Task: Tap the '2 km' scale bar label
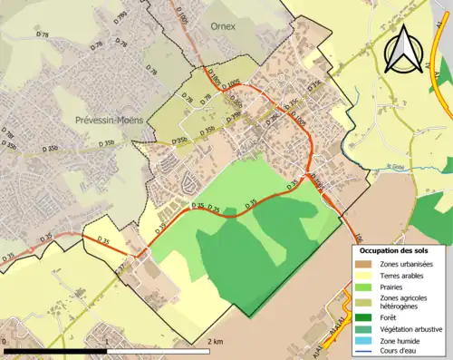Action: [215, 342]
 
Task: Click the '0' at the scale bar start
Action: [6, 342]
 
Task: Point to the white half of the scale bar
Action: [159, 350]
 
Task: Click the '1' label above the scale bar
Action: [108, 342]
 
